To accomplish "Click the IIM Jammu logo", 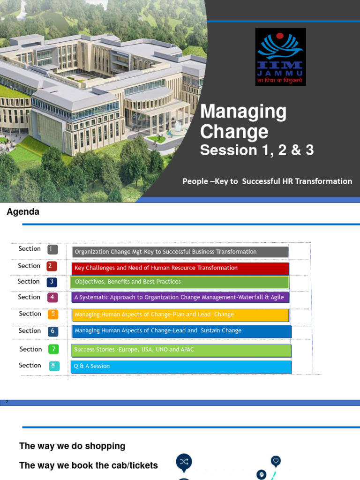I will coord(280,57).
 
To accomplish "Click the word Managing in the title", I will coord(243,112).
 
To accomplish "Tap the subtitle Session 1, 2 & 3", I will coord(257,150).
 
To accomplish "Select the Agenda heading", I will coord(23,212).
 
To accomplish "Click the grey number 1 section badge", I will coord(52,249).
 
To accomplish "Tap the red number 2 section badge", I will coord(52,266).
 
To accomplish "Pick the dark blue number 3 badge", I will coord(52,282).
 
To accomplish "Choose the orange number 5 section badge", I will coord(53,314).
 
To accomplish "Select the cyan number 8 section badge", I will coord(54,366).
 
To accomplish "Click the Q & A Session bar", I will coord(181,367).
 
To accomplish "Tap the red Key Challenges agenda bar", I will coord(180,268).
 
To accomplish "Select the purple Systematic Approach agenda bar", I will coord(180,298).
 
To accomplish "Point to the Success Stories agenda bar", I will coord(181,350).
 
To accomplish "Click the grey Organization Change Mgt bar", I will coord(180,252).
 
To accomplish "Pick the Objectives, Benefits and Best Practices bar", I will coord(180,282).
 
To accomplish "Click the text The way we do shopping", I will coord(72,446).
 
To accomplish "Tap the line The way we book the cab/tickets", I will coord(89,465).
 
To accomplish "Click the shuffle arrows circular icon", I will coord(184,462).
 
